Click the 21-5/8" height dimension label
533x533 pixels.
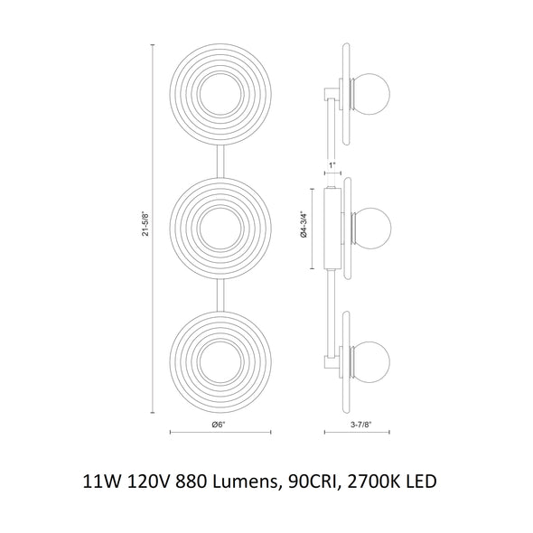(145, 224)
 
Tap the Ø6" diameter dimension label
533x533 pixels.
(219, 425)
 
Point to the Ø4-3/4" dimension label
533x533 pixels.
(304, 224)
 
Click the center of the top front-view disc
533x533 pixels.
(220, 94)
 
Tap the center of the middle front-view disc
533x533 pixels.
(220, 229)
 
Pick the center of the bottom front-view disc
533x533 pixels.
(220, 362)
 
